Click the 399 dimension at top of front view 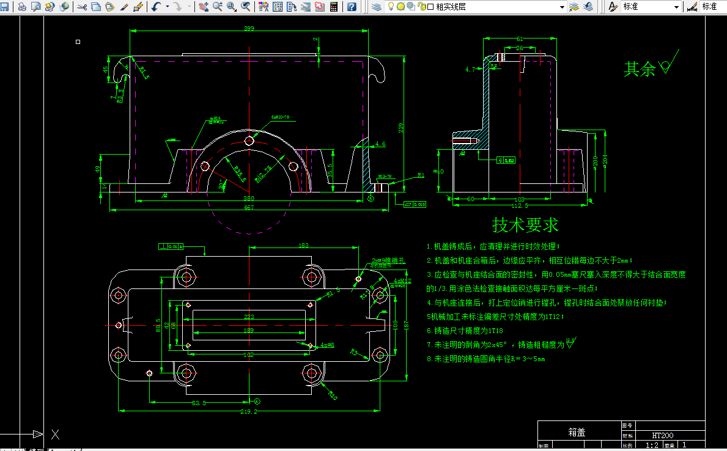[x=249, y=29]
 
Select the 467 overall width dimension [x=249, y=208]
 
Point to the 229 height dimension [x=401, y=127]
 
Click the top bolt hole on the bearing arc [x=249, y=141]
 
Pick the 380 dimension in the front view [x=249, y=198]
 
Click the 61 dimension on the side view [x=520, y=39]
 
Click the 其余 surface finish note [x=639, y=69]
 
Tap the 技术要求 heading [x=525, y=225]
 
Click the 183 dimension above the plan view [x=303, y=245]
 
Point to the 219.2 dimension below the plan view [x=249, y=412]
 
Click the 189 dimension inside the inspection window [x=249, y=331]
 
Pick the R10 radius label [x=332, y=395]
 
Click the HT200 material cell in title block [x=663, y=436]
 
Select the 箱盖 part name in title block [x=577, y=432]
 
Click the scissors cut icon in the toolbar [x=82, y=7]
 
